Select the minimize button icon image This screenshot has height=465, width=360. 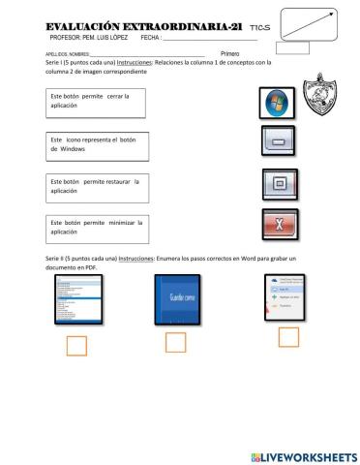pos(277,142)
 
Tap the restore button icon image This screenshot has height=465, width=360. pos(277,182)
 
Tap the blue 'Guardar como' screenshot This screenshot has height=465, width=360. pos(177,299)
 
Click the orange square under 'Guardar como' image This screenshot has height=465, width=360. pos(175,342)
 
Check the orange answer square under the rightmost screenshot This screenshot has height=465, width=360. pos(288,336)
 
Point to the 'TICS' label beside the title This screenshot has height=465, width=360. pos(246,29)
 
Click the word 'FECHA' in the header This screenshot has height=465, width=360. pos(150,38)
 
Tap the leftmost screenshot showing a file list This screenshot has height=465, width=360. pos(78,300)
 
